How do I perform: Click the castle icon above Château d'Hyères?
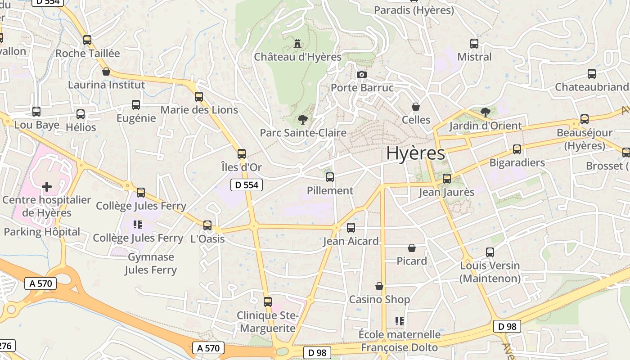[x=297, y=44]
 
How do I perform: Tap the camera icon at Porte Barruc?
[x=361, y=74]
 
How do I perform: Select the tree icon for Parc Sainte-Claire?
[x=302, y=119]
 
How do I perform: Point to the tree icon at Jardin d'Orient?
[x=485, y=112]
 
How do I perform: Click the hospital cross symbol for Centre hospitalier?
[x=47, y=186]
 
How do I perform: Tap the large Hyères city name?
[x=415, y=153]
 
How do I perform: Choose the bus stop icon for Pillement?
[x=330, y=177]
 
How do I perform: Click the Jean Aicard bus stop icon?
[x=351, y=228]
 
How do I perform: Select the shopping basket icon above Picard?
[x=411, y=248]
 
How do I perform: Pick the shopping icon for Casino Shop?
[x=379, y=286]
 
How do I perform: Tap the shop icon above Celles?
[x=416, y=107]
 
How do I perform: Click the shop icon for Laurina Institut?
[x=106, y=72]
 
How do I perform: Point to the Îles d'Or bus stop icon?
[x=242, y=154]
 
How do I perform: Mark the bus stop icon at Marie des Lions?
[x=199, y=97]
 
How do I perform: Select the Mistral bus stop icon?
[x=474, y=44]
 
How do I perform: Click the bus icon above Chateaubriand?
[x=591, y=74]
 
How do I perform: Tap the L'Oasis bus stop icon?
[x=207, y=225]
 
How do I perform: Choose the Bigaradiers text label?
[x=517, y=162]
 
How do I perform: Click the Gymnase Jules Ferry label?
[x=151, y=263]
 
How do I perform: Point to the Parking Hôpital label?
[x=42, y=232]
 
